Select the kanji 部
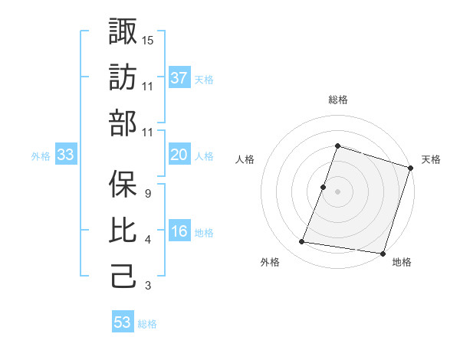click(123, 124)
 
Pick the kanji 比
click(123, 229)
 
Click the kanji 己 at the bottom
click(123, 277)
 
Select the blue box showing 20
click(179, 155)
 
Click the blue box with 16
click(179, 231)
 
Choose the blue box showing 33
click(66, 155)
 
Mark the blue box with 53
click(123, 322)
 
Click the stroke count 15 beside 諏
click(149, 39)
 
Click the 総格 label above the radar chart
click(337, 100)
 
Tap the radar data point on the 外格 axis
click(302, 241)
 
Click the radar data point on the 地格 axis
click(382, 253)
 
